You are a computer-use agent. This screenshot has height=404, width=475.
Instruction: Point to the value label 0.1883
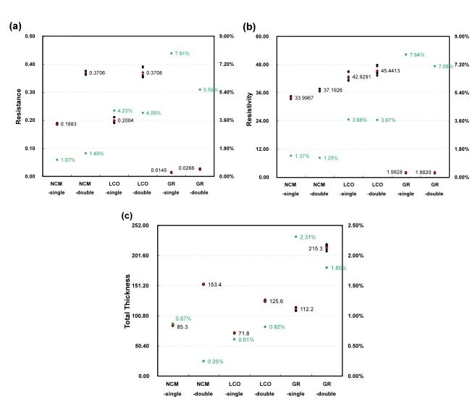[x=70, y=124]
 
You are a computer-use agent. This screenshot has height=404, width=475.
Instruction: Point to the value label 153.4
[x=215, y=284]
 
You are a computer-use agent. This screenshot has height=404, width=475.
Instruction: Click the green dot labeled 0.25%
[x=203, y=360]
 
